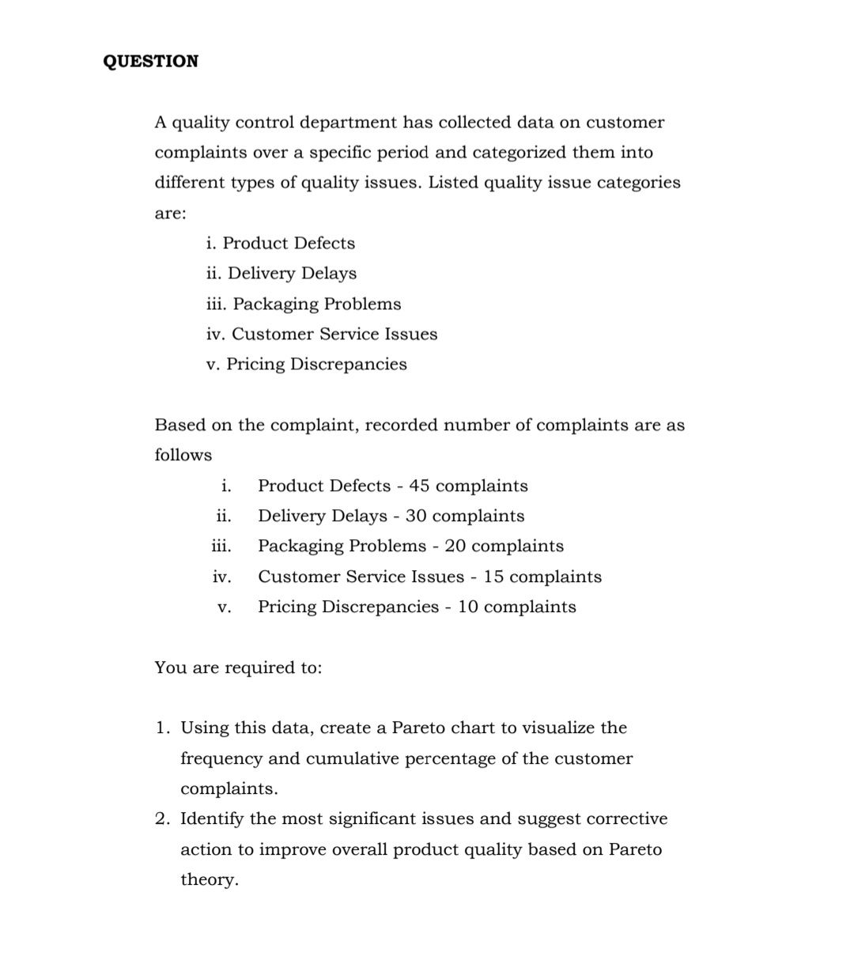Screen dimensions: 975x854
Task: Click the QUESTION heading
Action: (x=151, y=62)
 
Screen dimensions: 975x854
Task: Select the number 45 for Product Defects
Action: (x=419, y=486)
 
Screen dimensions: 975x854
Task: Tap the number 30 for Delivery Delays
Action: (x=416, y=516)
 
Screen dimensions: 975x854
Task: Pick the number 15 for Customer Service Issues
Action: (x=493, y=576)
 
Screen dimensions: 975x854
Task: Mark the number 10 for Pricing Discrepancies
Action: (x=468, y=607)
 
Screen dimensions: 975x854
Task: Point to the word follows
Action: (x=183, y=455)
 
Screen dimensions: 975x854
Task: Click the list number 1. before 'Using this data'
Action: (x=162, y=728)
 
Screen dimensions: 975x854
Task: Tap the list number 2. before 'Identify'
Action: (x=162, y=819)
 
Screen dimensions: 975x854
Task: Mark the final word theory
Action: (x=209, y=880)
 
